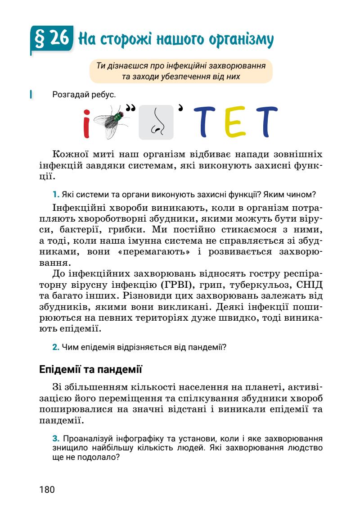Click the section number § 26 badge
(51, 40)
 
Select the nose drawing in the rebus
(156, 122)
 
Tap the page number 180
(47, 489)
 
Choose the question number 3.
(56, 439)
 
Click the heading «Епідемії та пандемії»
(91, 371)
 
